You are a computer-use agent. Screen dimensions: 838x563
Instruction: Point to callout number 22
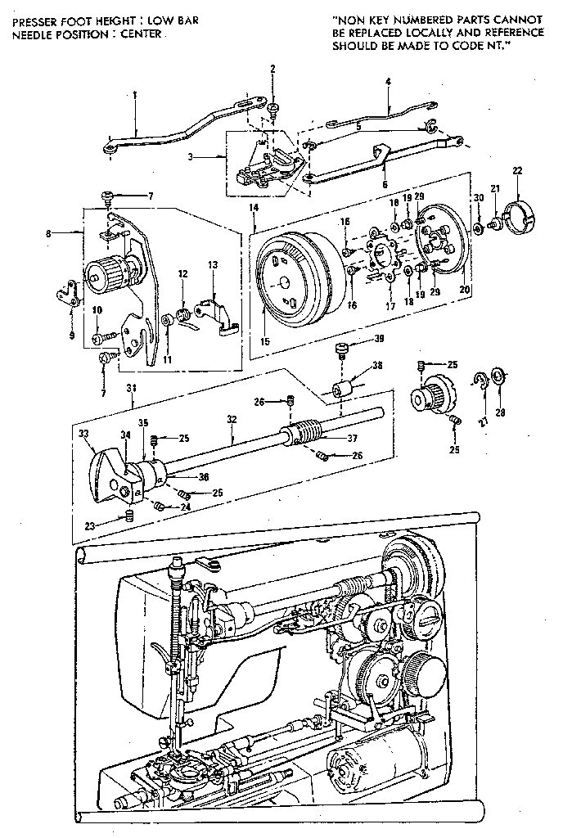point(516,170)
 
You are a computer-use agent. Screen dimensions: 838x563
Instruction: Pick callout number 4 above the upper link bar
point(388,81)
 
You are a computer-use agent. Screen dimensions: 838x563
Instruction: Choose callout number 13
point(213,265)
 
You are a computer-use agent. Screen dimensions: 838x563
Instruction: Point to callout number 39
point(380,339)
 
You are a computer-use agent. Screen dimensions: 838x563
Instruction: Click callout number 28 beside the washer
point(501,412)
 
